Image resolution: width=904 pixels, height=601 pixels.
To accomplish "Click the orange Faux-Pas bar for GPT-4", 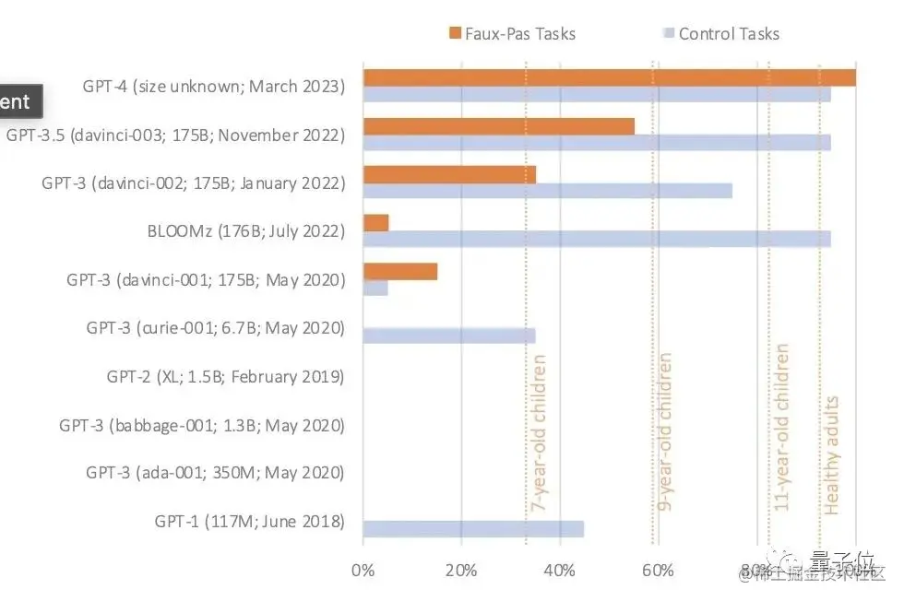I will [x=609, y=77].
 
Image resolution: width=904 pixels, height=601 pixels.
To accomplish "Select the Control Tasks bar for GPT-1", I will [x=473, y=528].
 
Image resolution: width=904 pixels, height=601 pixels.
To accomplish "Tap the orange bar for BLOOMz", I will [x=376, y=223].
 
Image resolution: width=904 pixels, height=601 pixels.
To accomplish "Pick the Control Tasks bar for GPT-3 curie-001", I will [x=449, y=336].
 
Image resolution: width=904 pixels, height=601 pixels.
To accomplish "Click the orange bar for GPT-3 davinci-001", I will [x=400, y=271].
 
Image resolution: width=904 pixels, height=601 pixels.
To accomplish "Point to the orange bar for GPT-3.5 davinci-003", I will [x=499, y=126].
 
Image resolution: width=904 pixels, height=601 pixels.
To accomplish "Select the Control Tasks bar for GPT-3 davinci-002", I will [x=548, y=191].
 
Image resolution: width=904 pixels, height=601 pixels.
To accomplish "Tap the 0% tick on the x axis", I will [x=363, y=570].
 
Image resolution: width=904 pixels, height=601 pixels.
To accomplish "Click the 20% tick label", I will [x=461, y=570].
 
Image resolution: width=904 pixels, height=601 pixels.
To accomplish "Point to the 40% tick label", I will [x=560, y=570].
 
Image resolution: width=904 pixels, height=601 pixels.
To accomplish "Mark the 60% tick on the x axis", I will [x=658, y=570].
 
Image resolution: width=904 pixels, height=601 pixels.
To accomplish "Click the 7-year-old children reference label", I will [x=538, y=432].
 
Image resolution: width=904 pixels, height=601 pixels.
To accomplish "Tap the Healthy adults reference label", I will [x=832, y=454].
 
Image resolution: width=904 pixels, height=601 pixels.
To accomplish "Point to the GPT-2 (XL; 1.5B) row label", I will [x=226, y=376].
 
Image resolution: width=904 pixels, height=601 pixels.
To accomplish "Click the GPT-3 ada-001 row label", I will [x=216, y=473].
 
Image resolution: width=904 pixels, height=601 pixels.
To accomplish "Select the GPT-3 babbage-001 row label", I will [x=202, y=425].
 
